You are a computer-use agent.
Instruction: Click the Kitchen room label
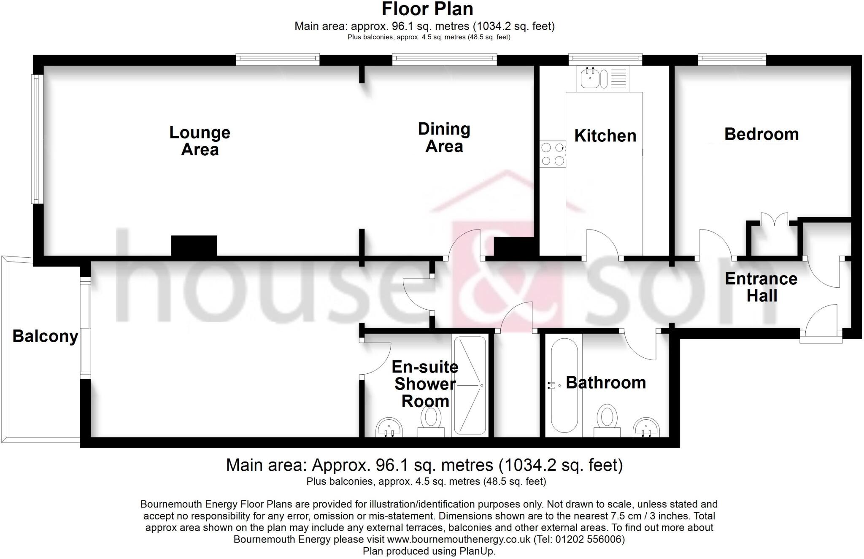pos(605,136)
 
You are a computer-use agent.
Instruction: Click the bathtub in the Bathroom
pos(564,385)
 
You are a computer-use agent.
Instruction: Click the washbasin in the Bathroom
pos(646,427)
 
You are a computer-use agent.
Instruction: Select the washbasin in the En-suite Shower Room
pos(389,427)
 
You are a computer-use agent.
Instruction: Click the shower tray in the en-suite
pos(469,385)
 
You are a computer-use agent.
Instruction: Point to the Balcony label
pos(45,336)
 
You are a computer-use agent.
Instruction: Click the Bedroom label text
pos(761,134)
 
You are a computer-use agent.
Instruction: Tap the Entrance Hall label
pos(761,287)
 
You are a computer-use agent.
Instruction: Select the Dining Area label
pos(444,138)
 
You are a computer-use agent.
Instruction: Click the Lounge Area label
pos(200,141)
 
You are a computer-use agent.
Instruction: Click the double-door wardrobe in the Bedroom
pos(774,238)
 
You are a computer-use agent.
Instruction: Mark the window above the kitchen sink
pos(605,59)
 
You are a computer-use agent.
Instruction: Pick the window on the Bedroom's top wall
pos(732,59)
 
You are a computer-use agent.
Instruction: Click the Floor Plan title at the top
pos(427,9)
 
